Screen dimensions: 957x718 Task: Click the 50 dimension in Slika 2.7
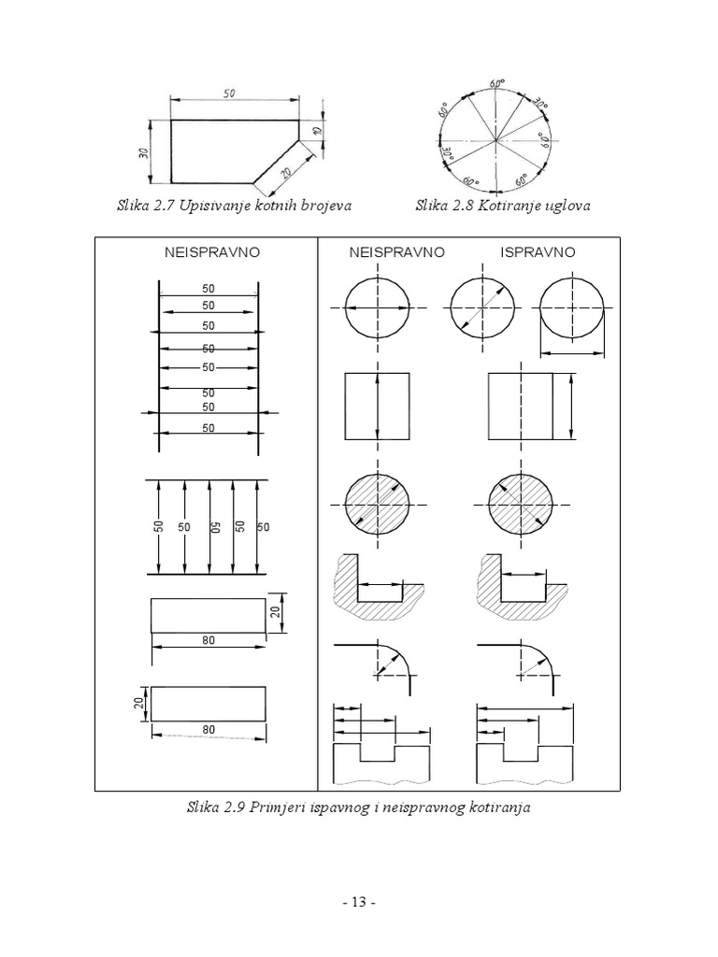[230, 93]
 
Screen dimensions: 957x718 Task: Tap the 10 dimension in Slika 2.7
[317, 132]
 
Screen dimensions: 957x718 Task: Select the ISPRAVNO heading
[538, 252]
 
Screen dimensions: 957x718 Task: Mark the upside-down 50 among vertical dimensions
[214, 527]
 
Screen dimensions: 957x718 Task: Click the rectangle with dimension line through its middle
[378, 406]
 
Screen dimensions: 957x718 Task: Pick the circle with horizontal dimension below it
[572, 309]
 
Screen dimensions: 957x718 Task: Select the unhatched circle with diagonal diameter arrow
[481, 309]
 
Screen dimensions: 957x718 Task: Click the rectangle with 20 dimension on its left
[208, 703]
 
